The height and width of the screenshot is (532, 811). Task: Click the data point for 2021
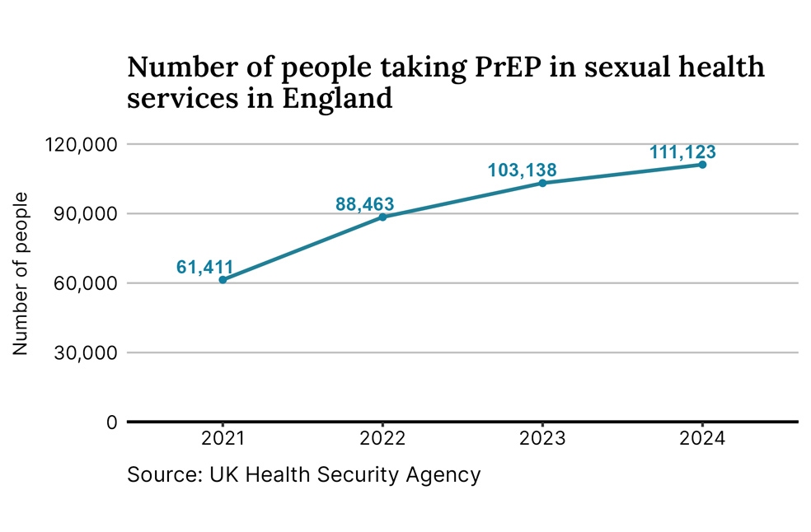[x=223, y=280]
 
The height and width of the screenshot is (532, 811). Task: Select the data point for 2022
[x=382, y=217]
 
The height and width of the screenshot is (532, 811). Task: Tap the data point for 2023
[x=542, y=183]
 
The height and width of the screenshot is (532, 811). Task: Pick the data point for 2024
[x=702, y=165]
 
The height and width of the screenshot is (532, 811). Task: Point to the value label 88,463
[x=364, y=203]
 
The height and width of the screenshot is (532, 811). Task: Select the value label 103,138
[x=522, y=170]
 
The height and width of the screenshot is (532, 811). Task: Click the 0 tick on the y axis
[x=112, y=422]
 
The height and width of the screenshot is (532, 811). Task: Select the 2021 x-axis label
[x=223, y=439]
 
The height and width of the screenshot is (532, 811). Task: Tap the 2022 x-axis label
[x=382, y=439]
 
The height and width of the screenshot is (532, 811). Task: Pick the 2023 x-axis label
[x=542, y=439]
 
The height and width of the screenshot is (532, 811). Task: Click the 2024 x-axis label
[x=702, y=439]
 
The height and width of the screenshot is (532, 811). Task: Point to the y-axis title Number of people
[x=21, y=273]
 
